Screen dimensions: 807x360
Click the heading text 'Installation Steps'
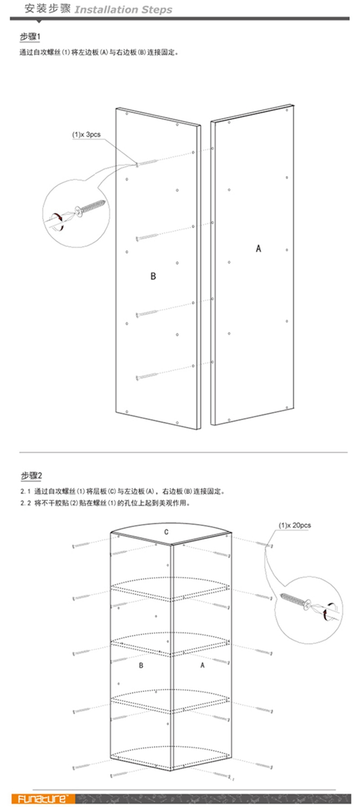point(123,10)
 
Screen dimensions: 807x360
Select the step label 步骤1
point(30,37)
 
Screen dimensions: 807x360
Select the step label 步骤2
point(31,476)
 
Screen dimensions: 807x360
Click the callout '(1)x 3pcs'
point(86,135)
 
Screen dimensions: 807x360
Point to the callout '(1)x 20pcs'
point(295,525)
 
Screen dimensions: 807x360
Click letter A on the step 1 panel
point(258,248)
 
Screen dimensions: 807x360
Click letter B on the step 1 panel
point(153,276)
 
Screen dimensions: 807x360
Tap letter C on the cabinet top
point(166,532)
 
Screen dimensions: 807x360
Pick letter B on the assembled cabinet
point(141,665)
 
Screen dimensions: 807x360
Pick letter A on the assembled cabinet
point(202,665)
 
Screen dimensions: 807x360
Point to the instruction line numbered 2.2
point(105,503)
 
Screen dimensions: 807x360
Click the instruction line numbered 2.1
point(122,491)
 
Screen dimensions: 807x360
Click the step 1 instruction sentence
point(99,52)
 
